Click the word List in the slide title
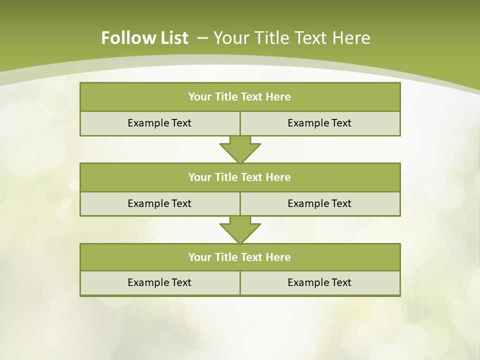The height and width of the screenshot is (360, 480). [x=172, y=38]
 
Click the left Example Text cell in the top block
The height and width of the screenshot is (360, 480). [x=160, y=123]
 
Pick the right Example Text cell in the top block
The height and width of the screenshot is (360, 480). [x=320, y=123]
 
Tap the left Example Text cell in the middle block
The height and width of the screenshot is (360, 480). [x=160, y=203]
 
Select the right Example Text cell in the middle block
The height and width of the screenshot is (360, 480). [x=320, y=203]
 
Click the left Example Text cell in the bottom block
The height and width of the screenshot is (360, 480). [x=160, y=282]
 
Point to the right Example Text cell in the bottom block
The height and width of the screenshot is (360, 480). [x=320, y=282]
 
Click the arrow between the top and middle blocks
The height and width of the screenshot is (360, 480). [x=240, y=150]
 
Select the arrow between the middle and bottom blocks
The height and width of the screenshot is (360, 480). [x=240, y=230]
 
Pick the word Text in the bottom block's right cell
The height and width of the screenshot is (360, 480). [x=340, y=282]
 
